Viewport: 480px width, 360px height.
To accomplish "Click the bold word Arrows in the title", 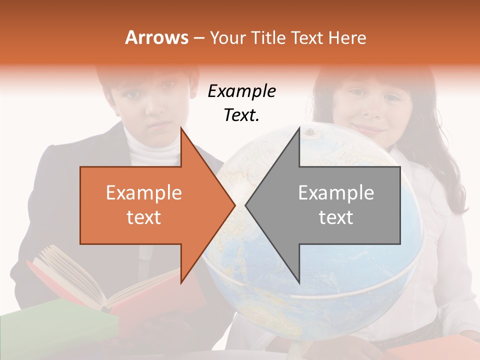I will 157,37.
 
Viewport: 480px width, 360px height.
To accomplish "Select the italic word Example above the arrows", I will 241,91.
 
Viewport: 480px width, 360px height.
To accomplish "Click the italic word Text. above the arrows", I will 241,115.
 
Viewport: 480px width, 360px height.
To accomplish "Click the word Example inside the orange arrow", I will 144,192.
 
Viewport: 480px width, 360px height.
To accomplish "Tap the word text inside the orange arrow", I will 144,217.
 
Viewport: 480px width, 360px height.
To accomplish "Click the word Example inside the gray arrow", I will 336,192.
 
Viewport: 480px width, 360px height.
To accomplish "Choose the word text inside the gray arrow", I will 336,217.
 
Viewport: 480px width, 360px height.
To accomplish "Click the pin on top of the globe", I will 310,132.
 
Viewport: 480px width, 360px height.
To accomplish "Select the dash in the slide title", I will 198,38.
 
